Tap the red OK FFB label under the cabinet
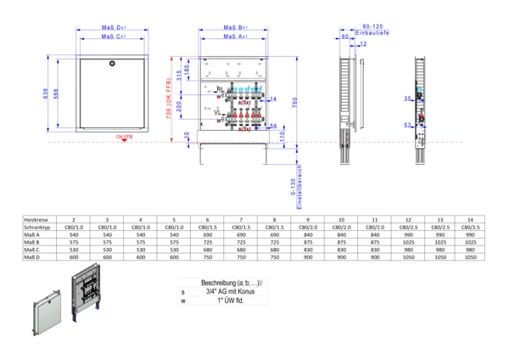point(124,136)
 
